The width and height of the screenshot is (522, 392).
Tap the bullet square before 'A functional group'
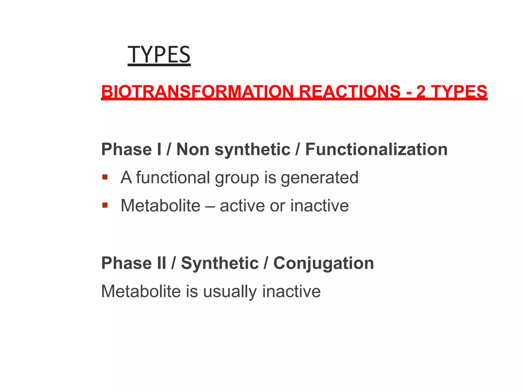105,177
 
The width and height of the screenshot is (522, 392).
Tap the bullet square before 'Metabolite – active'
105,205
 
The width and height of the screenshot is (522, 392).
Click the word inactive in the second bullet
319,206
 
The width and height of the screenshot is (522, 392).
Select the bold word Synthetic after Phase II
220,263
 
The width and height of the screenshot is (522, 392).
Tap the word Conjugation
323,264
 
